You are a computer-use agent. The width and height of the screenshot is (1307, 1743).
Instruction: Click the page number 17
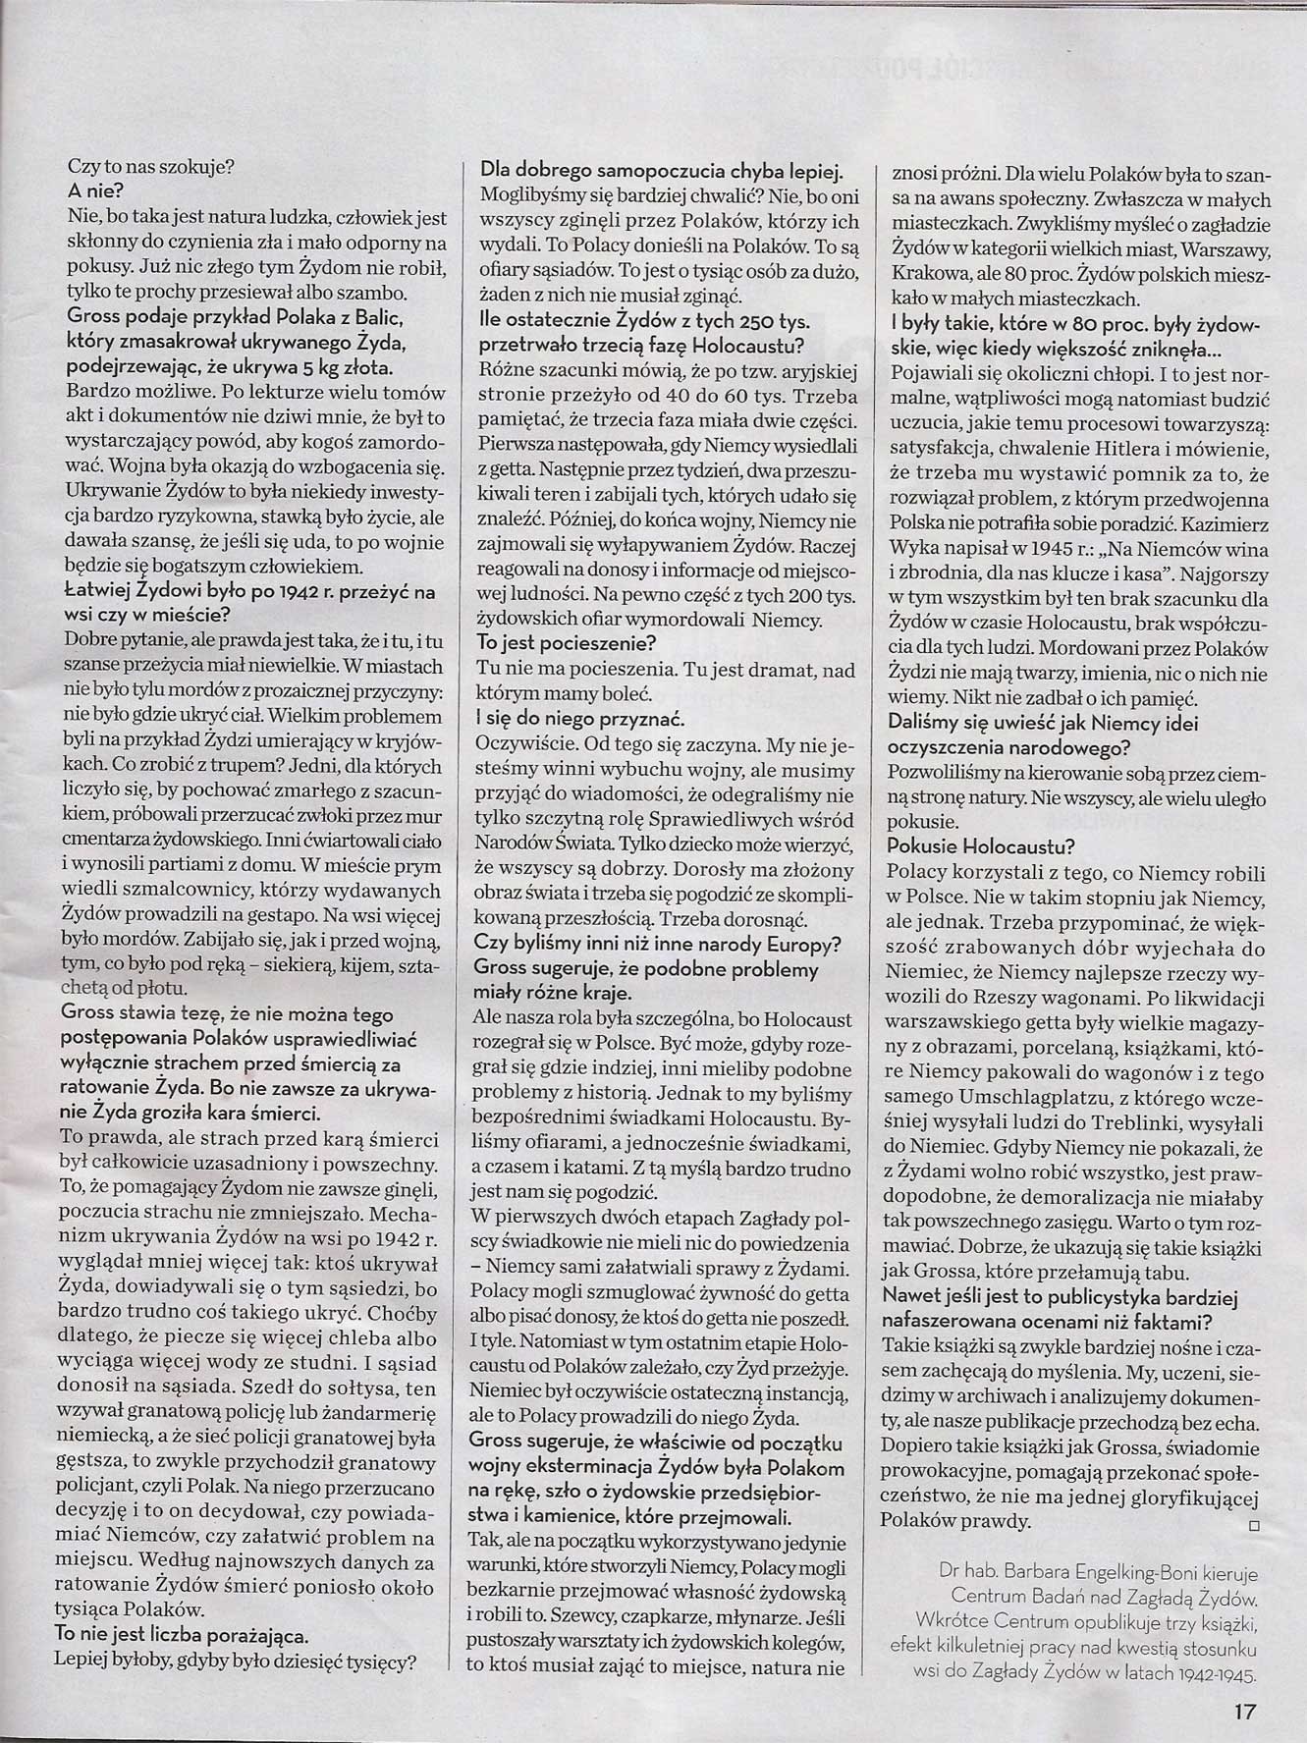point(1244,1712)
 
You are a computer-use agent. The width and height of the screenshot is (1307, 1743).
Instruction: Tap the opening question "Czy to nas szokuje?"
point(149,166)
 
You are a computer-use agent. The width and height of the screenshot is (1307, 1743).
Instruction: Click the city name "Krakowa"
point(929,273)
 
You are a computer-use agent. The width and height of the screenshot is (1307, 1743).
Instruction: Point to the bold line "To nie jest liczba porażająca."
point(182,1635)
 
